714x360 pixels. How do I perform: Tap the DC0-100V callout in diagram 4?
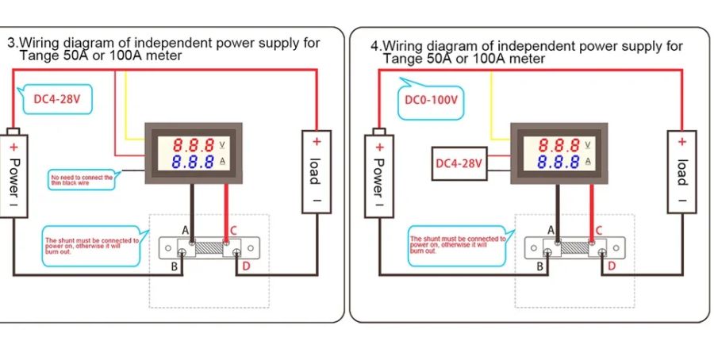431,100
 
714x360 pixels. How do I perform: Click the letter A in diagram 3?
185,230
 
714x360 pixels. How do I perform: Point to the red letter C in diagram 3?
233,231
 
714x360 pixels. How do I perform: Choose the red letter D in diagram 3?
246,266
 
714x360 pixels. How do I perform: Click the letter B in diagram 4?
539,266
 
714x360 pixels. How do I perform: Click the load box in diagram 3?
316,171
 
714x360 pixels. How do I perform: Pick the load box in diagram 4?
681,171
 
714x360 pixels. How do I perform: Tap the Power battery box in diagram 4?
380,174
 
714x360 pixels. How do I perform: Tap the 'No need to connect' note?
81,179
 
